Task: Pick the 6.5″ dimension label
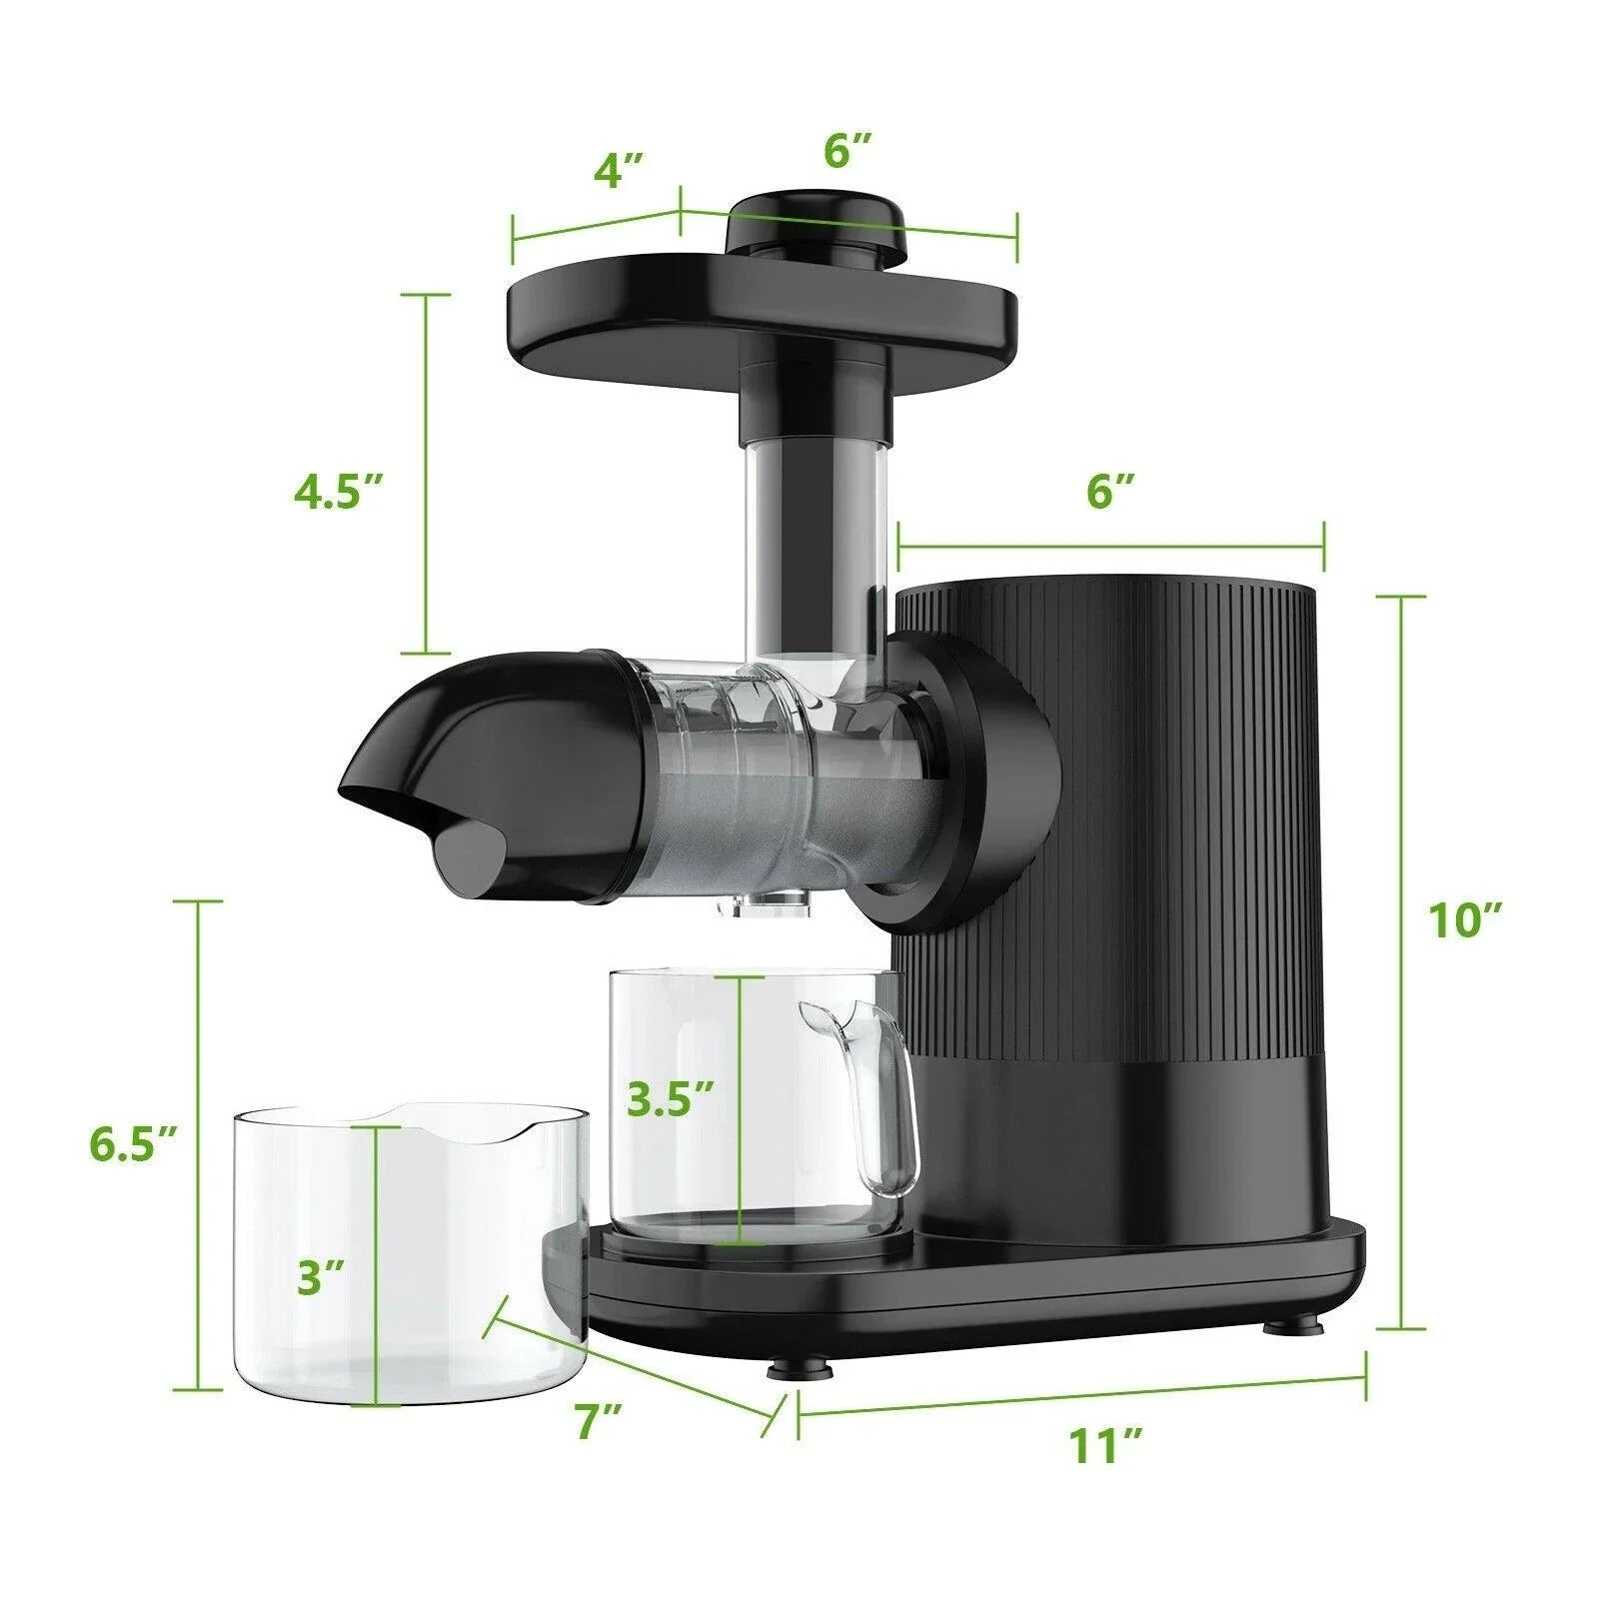pyautogui.click(x=133, y=1144)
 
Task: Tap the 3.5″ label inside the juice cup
pyautogui.click(x=670, y=1100)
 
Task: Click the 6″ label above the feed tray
pyautogui.click(x=848, y=151)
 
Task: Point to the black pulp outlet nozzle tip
pyautogui.click(x=470, y=854)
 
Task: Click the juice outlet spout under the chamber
pyautogui.click(x=765, y=904)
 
